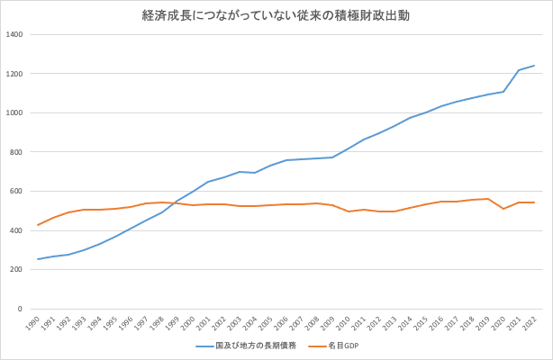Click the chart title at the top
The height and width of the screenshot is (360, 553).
pyautogui.click(x=276, y=16)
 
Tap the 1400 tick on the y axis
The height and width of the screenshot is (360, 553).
pyautogui.click(x=14, y=34)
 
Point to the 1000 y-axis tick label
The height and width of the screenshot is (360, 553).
pyautogui.click(x=14, y=112)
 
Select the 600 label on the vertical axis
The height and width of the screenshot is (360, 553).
pyautogui.click(x=16, y=191)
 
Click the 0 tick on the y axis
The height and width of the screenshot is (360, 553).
pyautogui.click(x=20, y=309)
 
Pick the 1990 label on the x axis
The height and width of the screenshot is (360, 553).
pyautogui.click(x=32, y=323)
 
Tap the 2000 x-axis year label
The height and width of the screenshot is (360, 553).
pyautogui.click(x=188, y=323)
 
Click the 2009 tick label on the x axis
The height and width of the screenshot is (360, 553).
pyautogui.click(x=329, y=323)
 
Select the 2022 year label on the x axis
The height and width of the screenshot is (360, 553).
pyautogui.click(x=530, y=323)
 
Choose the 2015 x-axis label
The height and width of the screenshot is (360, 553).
pyautogui.click(x=422, y=323)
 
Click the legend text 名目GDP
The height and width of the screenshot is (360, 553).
pyautogui.click(x=343, y=346)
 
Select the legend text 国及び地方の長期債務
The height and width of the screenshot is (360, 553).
pyautogui.click(x=256, y=346)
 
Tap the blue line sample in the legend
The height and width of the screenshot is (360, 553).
pyautogui.click(x=205, y=346)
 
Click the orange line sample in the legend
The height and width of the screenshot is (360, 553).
pyautogui.click(x=317, y=346)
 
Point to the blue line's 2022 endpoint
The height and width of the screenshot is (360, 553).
pyautogui.click(x=534, y=65)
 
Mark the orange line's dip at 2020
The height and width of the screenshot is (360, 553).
pyautogui.click(x=503, y=209)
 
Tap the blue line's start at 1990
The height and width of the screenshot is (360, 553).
pyautogui.click(x=38, y=259)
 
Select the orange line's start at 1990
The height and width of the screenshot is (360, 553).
pyautogui.click(x=38, y=225)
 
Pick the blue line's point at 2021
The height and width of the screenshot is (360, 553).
pyautogui.click(x=519, y=70)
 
